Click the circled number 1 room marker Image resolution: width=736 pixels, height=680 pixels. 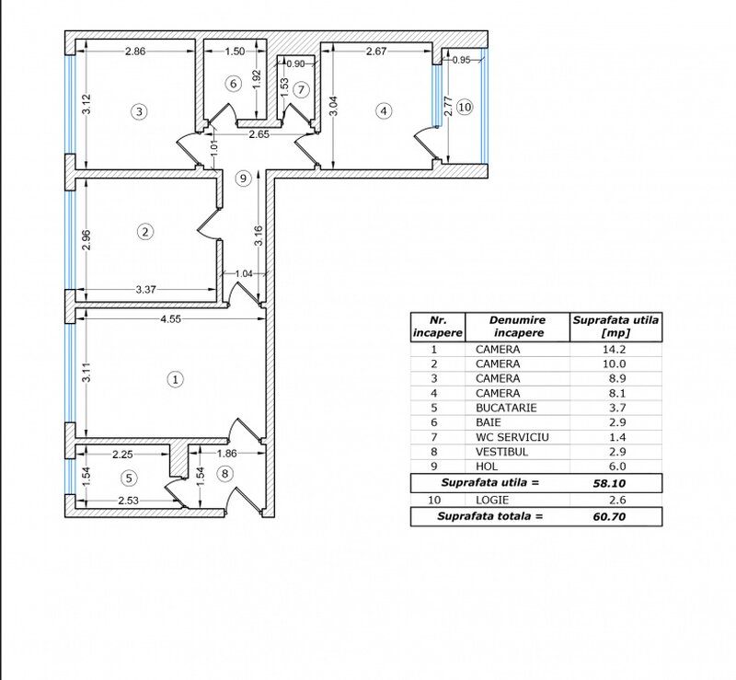point(175,379)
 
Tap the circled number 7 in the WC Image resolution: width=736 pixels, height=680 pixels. point(302,89)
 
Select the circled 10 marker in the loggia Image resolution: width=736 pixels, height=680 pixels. point(465,107)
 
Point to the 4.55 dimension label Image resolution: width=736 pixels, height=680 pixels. point(170,319)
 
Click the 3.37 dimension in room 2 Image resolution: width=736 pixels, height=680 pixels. point(146,289)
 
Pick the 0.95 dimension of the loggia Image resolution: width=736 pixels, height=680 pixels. point(462,60)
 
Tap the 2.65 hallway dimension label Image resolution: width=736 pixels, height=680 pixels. point(259,134)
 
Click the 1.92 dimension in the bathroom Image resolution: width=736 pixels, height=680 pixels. point(257,81)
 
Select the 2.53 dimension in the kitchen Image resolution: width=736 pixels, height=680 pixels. point(128,501)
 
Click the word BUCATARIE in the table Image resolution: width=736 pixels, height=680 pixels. point(506,408)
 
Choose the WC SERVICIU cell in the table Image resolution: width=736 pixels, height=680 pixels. point(512,437)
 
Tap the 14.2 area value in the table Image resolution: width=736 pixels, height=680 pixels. point(614,350)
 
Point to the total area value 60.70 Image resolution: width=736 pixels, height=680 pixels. point(609,516)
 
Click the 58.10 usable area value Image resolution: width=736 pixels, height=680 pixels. point(609,483)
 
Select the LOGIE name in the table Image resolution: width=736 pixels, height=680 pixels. point(492,501)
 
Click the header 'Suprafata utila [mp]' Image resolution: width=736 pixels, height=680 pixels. point(615,327)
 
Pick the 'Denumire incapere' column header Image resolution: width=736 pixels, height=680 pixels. point(518,327)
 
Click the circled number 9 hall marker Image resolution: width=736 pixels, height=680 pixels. point(243,179)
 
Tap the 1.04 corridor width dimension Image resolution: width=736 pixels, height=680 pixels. point(244,273)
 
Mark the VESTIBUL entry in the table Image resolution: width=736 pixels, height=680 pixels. point(501,452)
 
